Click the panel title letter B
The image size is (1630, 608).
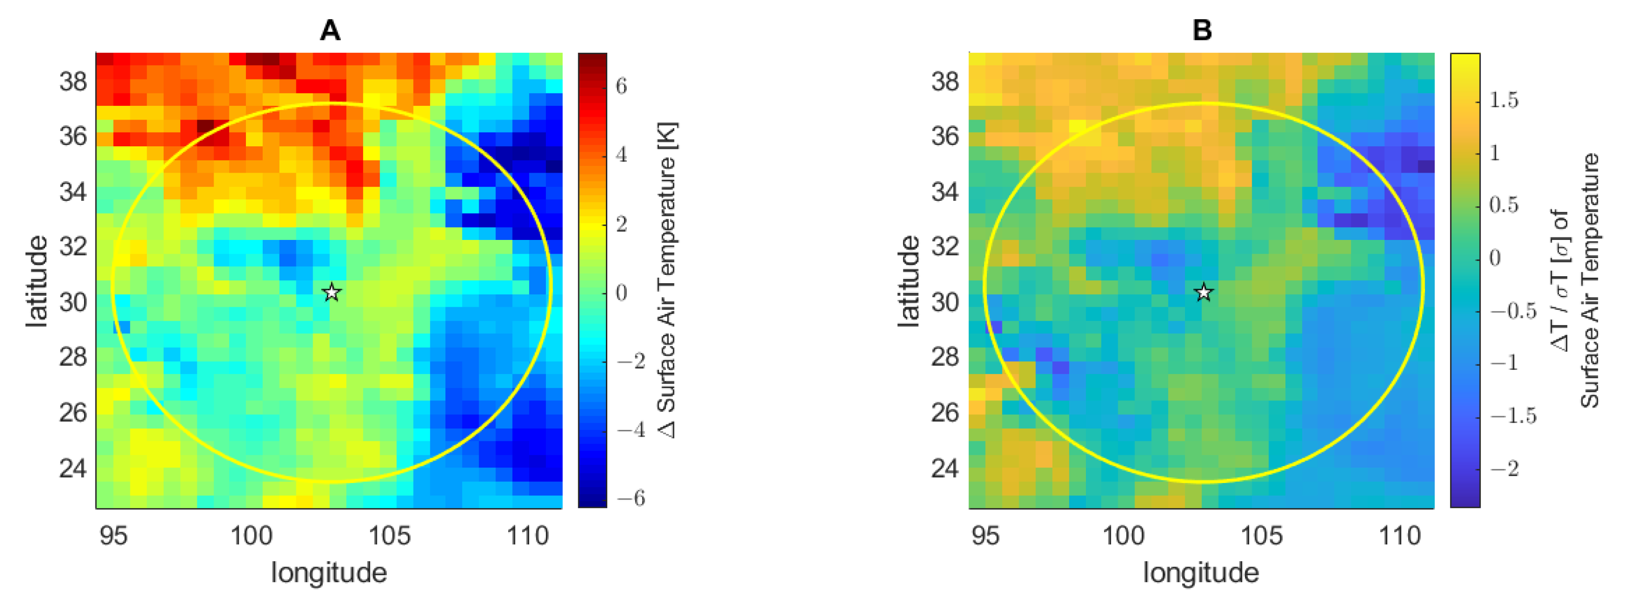click(1202, 30)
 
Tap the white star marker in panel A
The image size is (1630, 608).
click(331, 292)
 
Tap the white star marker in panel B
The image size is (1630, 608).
click(1204, 292)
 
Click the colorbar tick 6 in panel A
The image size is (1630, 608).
click(621, 86)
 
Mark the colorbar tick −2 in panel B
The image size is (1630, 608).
click(1504, 469)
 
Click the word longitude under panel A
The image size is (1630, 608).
click(329, 573)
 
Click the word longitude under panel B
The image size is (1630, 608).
click(1201, 573)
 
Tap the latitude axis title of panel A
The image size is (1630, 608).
click(37, 282)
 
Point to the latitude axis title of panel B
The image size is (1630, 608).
click(909, 282)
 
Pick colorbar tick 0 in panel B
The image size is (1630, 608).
click(1495, 258)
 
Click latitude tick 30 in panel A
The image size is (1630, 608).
click(73, 302)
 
